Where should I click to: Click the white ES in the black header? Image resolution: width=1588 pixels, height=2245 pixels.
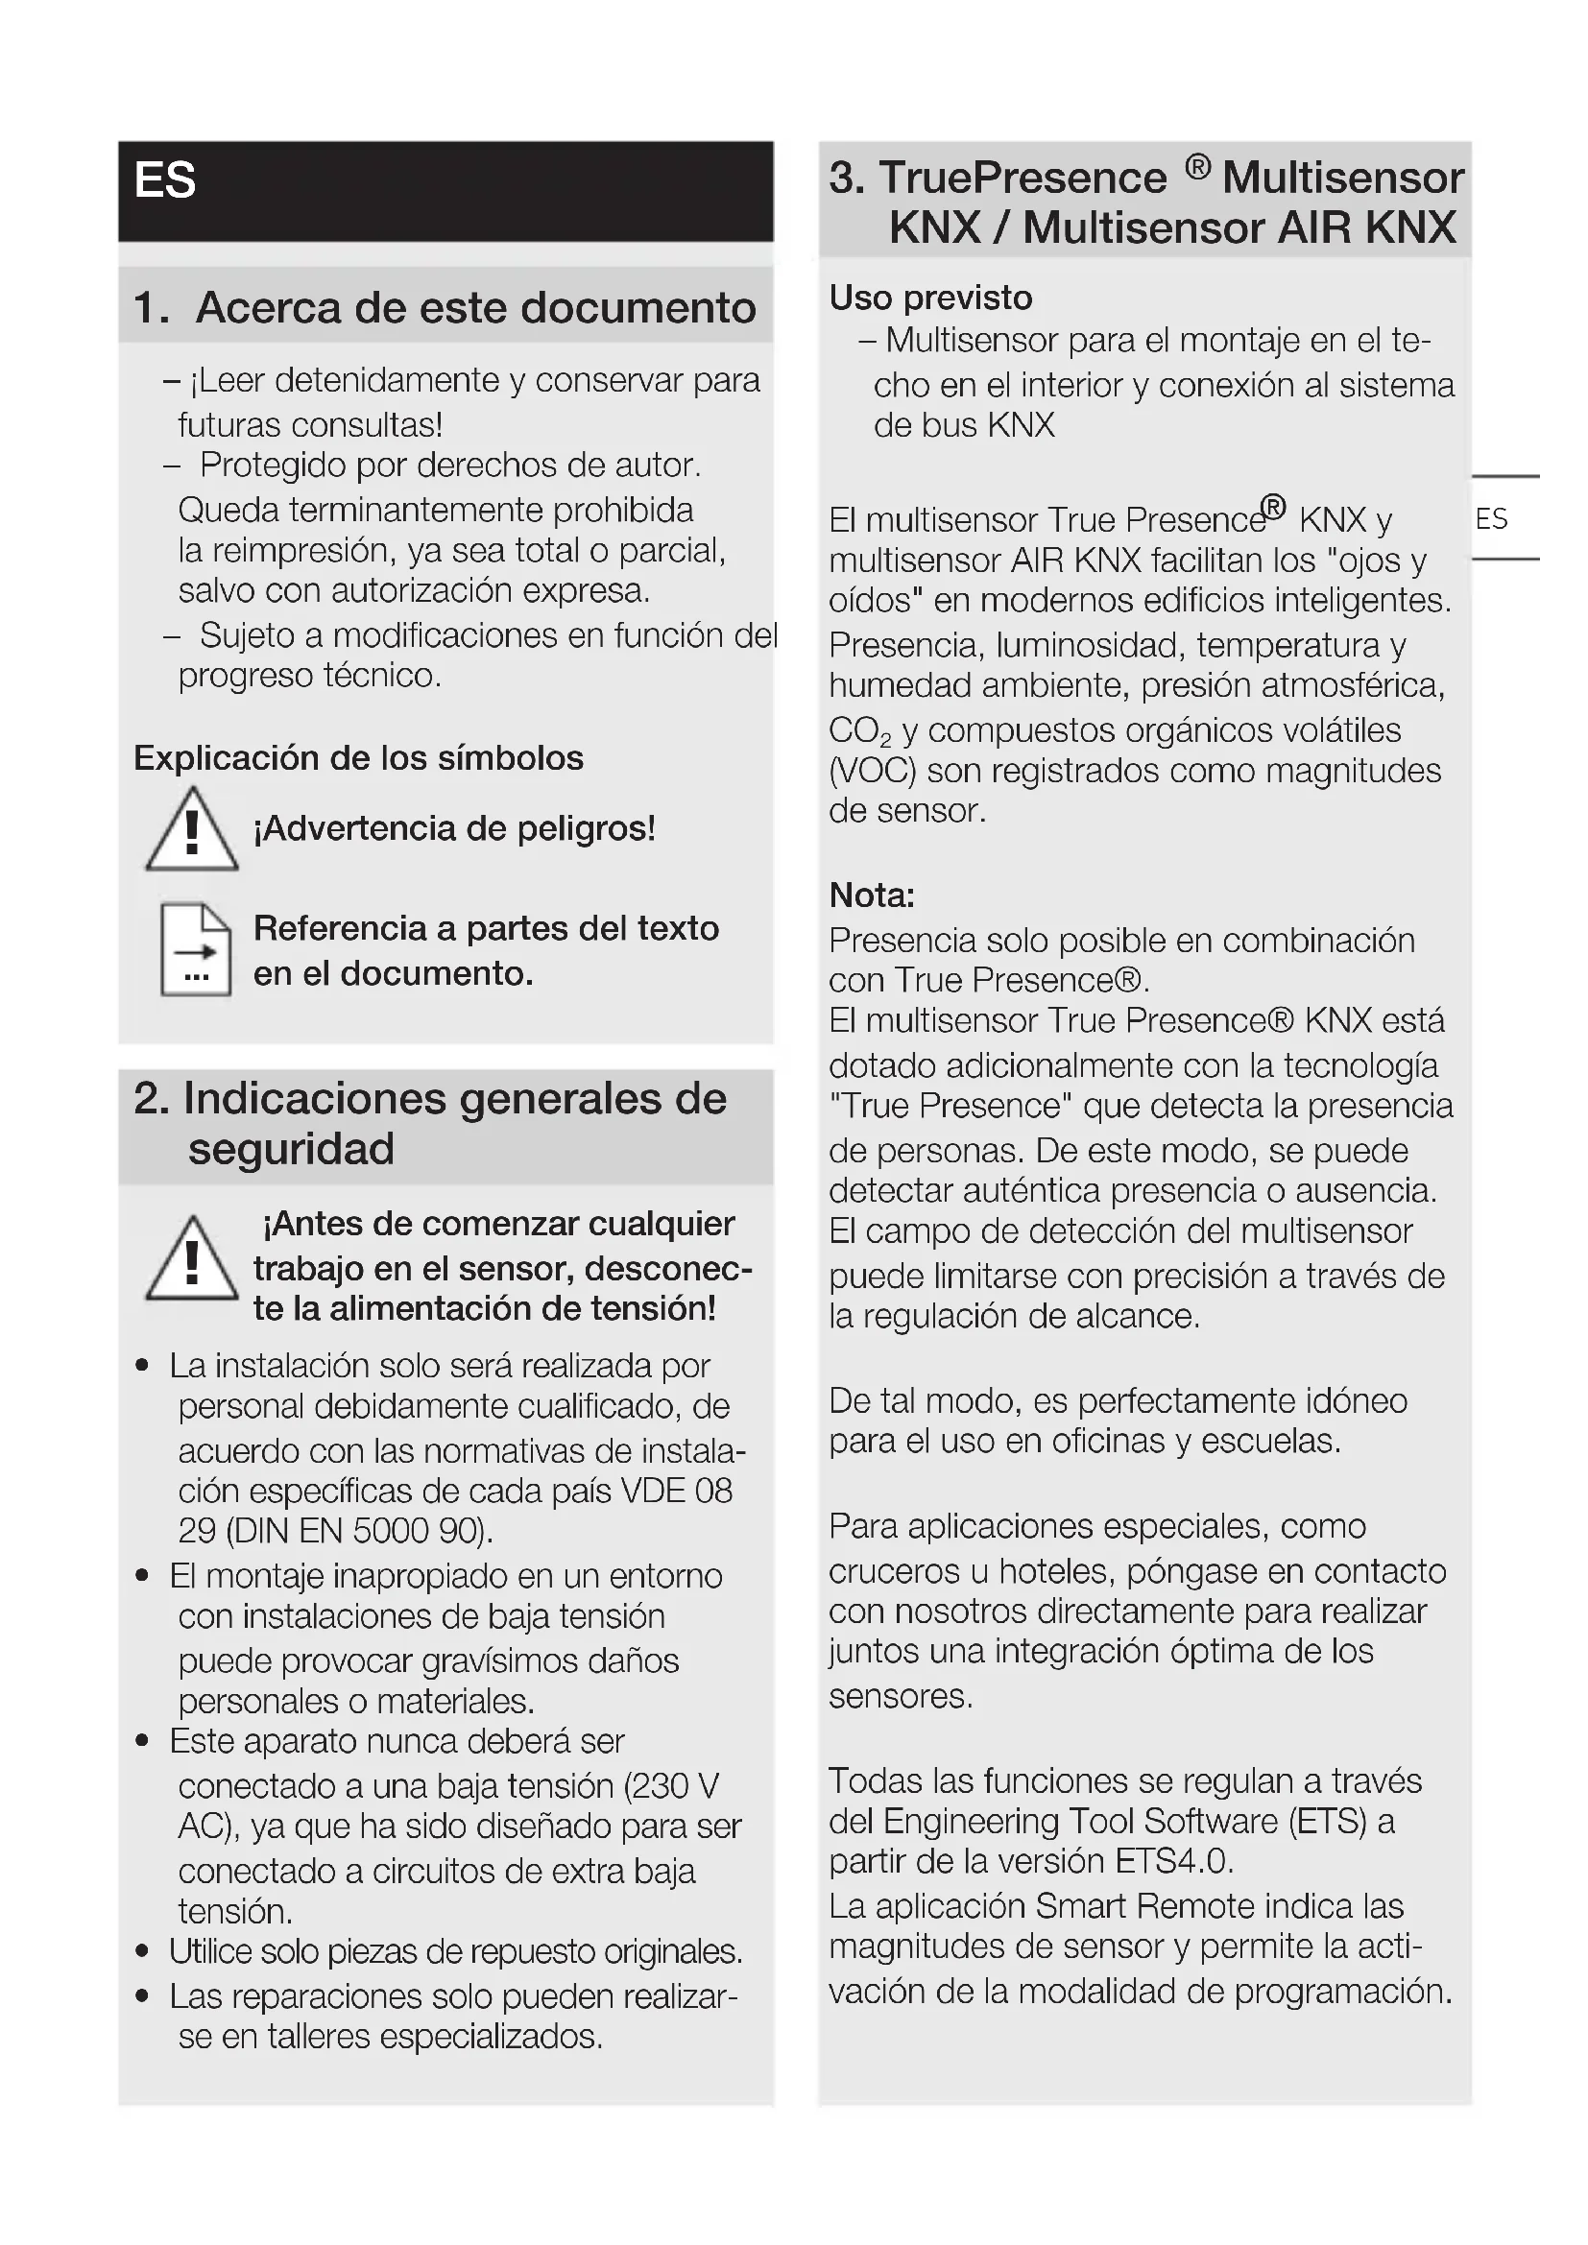click(x=165, y=180)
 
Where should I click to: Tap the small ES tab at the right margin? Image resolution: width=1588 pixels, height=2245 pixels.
click(x=1491, y=519)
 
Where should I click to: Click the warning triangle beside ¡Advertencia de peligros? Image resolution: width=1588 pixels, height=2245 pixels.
click(x=192, y=831)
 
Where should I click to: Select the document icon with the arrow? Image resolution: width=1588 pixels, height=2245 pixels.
click(x=196, y=949)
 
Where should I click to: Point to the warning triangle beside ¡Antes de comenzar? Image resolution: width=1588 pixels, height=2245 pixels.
click(x=192, y=1260)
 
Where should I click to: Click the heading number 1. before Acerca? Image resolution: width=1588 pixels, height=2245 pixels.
click(x=151, y=308)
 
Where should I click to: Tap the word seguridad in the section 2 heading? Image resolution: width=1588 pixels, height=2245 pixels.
click(x=292, y=1150)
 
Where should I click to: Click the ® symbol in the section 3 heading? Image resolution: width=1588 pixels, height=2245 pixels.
click(x=1198, y=167)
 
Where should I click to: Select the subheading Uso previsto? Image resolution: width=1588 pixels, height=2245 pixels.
click(x=930, y=299)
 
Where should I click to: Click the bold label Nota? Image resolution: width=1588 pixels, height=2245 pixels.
click(x=871, y=896)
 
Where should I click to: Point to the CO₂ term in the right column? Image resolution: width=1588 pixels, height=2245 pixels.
click(x=859, y=731)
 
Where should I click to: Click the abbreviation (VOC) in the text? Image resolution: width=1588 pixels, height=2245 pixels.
click(x=872, y=772)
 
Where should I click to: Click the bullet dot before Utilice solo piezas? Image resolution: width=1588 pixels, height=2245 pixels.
click(x=143, y=1951)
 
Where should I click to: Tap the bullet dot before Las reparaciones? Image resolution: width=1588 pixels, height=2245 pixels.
click(x=143, y=1995)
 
